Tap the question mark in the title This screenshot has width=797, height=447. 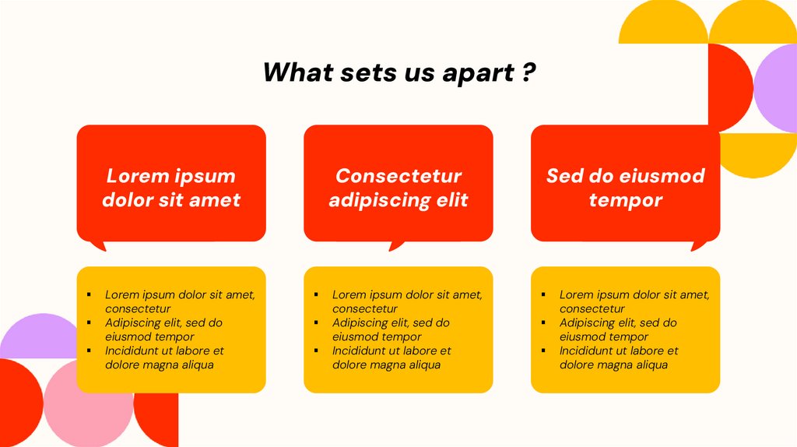[528, 72]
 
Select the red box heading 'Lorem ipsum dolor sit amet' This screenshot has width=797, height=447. [171, 187]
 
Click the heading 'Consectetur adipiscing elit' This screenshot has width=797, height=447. [398, 187]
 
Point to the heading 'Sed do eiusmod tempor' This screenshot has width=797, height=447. [625, 187]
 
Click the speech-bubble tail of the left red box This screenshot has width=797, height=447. [97, 245]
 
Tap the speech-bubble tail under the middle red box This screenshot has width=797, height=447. [396, 245]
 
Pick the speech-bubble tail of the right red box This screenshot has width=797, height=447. [698, 245]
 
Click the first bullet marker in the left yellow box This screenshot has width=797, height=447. [89, 294]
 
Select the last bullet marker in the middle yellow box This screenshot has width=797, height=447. [316, 350]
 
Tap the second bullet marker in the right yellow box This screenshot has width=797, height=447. [543, 322]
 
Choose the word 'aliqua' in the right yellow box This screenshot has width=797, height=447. [649, 364]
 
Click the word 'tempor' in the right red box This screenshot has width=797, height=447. [625, 200]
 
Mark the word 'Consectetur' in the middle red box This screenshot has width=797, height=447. [398, 176]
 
